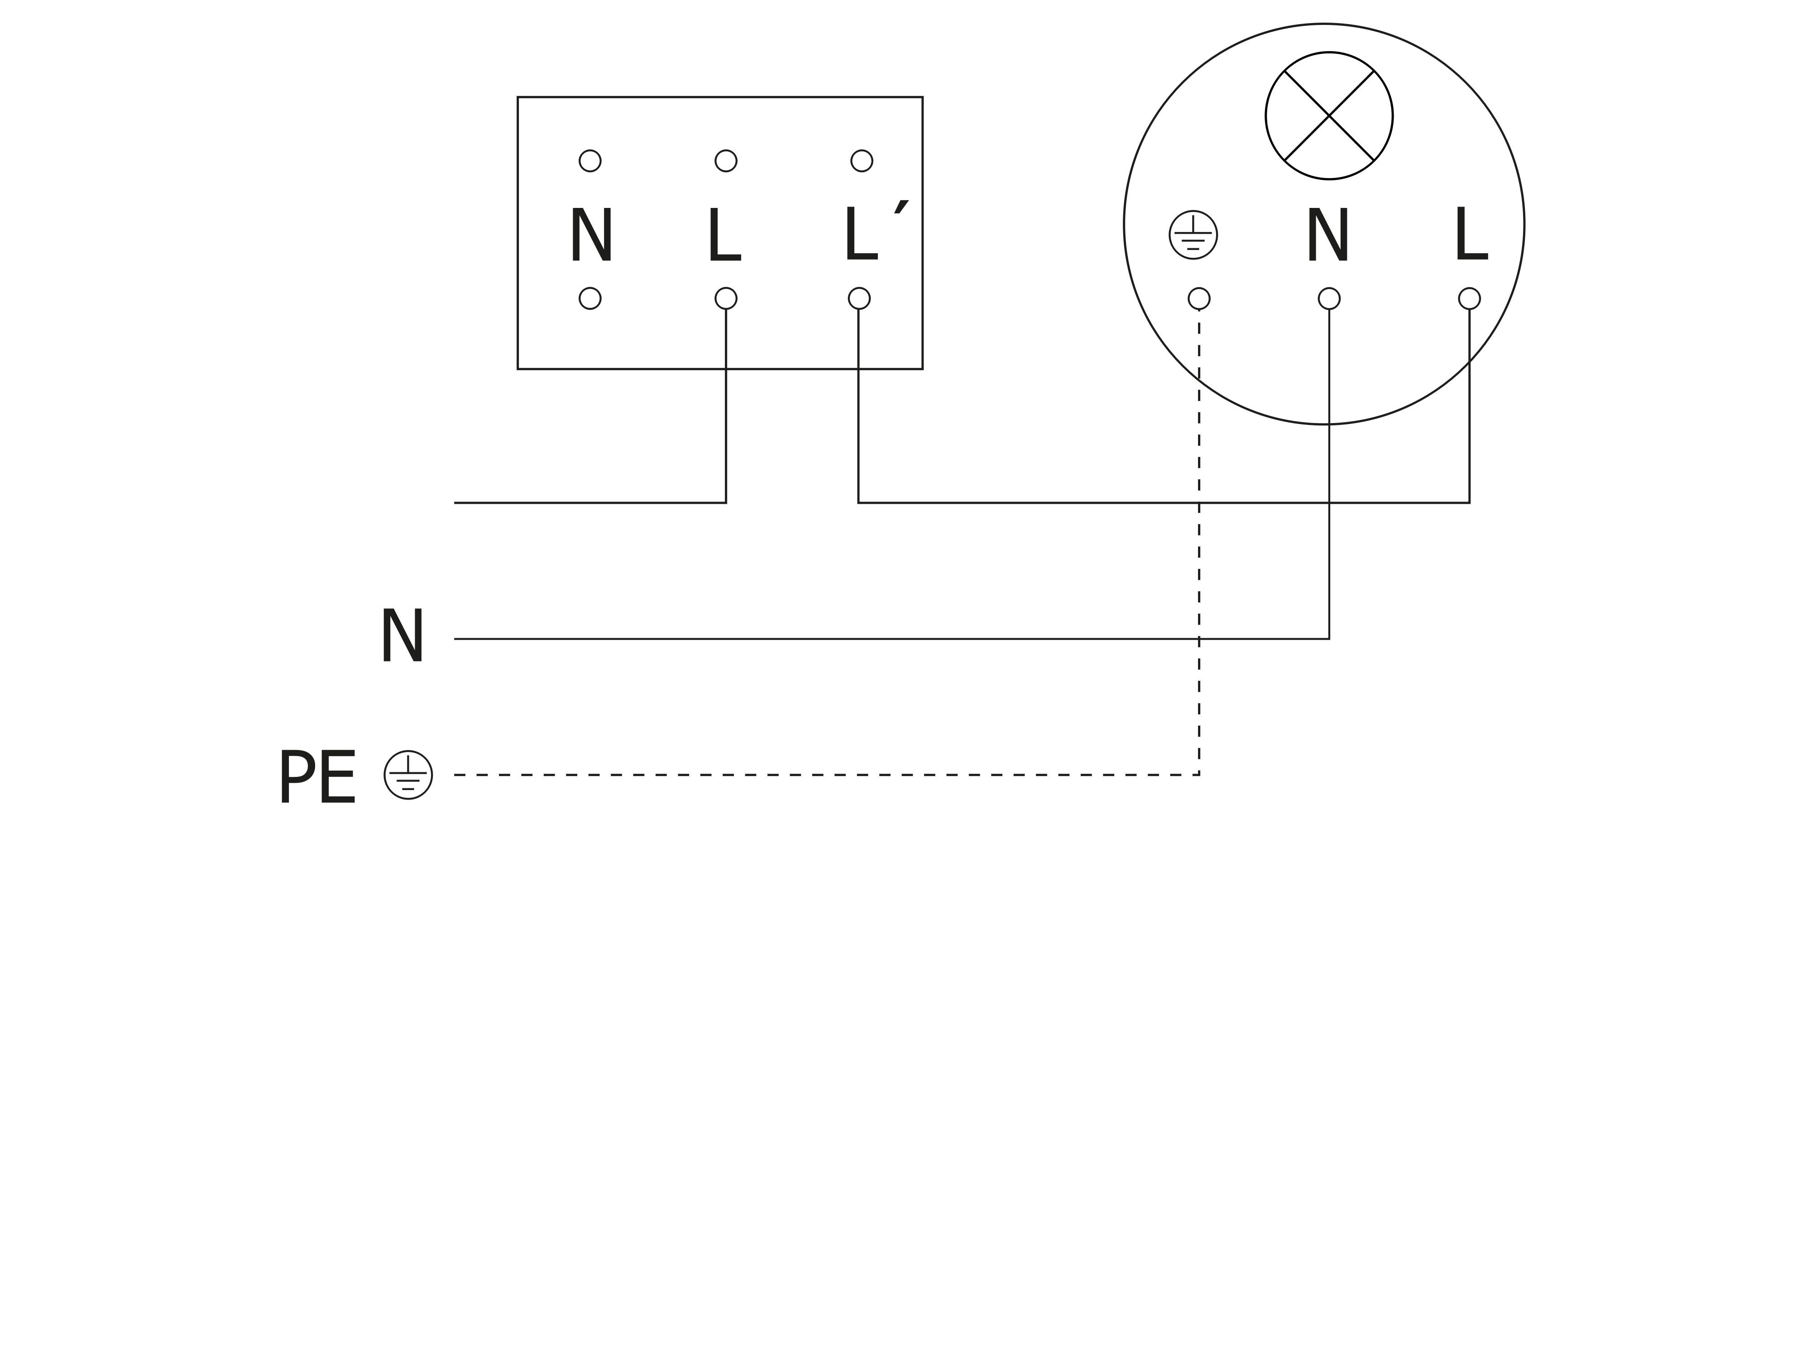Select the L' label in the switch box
coord(868,233)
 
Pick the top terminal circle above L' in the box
coord(861,160)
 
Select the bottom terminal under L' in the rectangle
coord(859,298)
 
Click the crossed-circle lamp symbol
coord(1329,116)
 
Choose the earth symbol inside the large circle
coord(1193,235)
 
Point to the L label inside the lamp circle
coord(1471,234)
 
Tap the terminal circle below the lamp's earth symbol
coord(1198,298)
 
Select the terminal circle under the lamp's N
coord(1329,298)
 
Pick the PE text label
coord(318,776)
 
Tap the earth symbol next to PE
coord(408,775)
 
